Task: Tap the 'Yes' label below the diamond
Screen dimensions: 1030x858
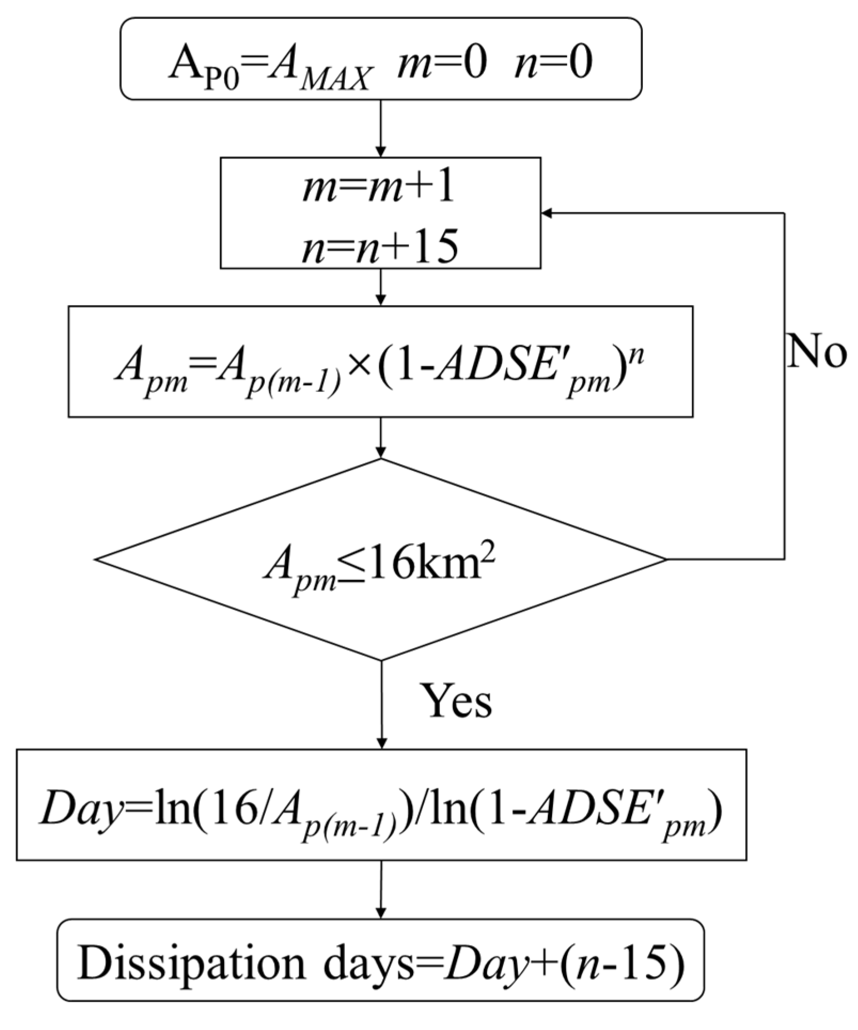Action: point(456,700)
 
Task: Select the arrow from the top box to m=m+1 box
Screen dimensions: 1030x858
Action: point(380,128)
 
